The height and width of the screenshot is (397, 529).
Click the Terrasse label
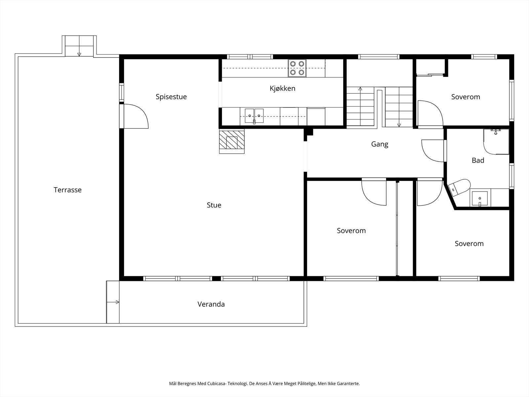pyautogui.click(x=67, y=190)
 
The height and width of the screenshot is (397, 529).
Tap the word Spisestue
pyautogui.click(x=171, y=97)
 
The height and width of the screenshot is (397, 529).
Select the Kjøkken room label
pyautogui.click(x=282, y=88)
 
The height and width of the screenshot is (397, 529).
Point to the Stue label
pyautogui.click(x=214, y=205)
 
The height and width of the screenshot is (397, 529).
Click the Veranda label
pyautogui.click(x=211, y=304)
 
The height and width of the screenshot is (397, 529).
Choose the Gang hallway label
pyautogui.click(x=380, y=144)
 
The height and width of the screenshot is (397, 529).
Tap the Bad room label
pyautogui.click(x=478, y=160)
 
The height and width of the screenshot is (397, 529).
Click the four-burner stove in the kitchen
pyautogui.click(x=297, y=68)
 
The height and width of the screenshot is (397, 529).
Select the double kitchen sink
pyautogui.click(x=254, y=116)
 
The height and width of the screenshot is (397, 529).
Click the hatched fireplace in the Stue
pyautogui.click(x=232, y=141)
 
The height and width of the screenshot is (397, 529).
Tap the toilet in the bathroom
pyautogui.click(x=459, y=188)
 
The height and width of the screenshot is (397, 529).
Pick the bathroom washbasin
pyautogui.click(x=480, y=198)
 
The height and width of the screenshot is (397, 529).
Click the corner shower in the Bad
pyautogui.click(x=496, y=142)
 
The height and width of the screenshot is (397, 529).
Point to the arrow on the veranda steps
pyautogui.click(x=113, y=302)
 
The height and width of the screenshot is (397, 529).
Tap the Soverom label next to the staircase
pyautogui.click(x=466, y=97)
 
